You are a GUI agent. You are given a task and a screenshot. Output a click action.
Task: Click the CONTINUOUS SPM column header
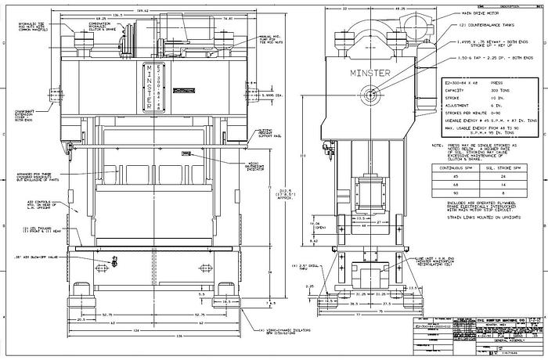(452, 167)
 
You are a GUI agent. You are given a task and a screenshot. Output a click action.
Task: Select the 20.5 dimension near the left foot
(81, 319)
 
